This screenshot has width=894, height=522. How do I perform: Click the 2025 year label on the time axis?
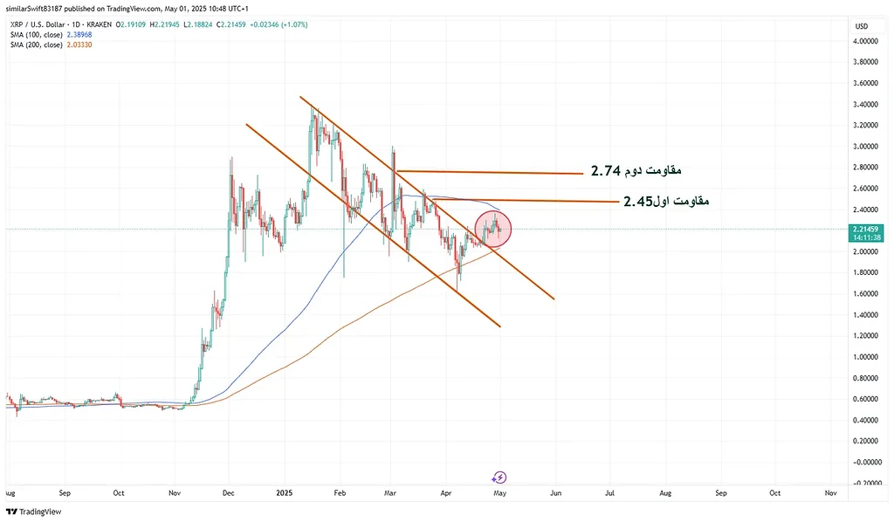(283, 493)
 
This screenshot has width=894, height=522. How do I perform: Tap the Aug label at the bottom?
(666, 493)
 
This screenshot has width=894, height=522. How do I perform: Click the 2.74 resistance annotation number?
(607, 170)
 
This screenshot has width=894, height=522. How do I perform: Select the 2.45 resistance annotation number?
(639, 202)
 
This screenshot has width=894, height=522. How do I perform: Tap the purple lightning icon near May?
(499, 477)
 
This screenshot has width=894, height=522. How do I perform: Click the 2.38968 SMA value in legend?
(108, 35)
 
